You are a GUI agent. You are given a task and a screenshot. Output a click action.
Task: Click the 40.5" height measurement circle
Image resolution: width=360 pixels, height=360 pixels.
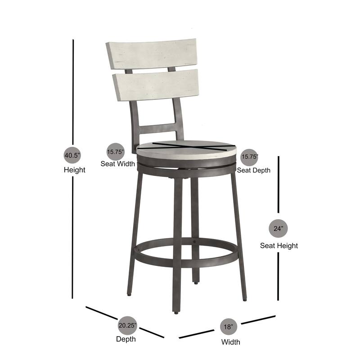click(72, 155)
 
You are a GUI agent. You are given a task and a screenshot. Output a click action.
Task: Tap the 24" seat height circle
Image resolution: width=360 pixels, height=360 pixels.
click(279, 228)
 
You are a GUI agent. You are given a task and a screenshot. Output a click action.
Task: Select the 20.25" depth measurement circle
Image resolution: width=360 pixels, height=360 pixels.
click(127, 325)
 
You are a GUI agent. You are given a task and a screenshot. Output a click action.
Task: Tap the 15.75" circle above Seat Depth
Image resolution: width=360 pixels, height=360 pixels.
click(249, 157)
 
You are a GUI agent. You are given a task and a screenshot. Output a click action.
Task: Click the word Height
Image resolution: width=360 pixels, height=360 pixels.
click(74, 170)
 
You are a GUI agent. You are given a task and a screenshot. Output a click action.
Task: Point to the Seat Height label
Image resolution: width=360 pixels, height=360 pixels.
click(279, 246)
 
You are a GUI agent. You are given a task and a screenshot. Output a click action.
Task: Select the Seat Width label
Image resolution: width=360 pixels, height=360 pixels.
click(117, 164)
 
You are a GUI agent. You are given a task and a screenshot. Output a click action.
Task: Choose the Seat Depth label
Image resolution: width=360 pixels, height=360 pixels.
click(254, 170)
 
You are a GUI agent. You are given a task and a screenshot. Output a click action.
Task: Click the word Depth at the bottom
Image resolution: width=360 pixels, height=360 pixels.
click(126, 339)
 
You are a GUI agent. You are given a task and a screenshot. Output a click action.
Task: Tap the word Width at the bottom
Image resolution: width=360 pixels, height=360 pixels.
click(230, 342)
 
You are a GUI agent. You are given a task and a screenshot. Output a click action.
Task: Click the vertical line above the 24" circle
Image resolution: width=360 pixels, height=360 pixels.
click(279, 184)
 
